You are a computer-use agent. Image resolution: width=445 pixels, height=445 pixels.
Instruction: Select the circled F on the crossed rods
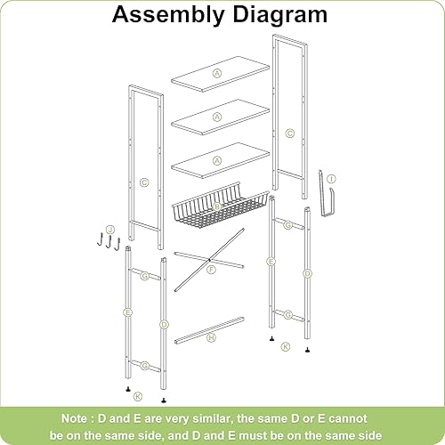pos(211,270)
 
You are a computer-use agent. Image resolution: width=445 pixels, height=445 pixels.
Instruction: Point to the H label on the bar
pos(211,338)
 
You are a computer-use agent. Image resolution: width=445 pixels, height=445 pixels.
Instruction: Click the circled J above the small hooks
pos(110,229)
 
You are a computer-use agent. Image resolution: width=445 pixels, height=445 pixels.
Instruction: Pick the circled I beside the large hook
pos(331,179)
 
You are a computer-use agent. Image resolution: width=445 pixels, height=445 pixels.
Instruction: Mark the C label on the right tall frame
pos(289,133)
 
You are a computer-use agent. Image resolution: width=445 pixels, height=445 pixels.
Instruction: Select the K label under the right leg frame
pos(285,345)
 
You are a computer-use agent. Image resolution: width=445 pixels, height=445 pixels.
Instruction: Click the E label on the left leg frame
pos(128,313)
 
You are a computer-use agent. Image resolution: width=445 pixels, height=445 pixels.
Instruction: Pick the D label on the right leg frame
pos(307,274)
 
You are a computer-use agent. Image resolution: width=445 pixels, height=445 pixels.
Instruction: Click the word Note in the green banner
pos(79,417)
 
